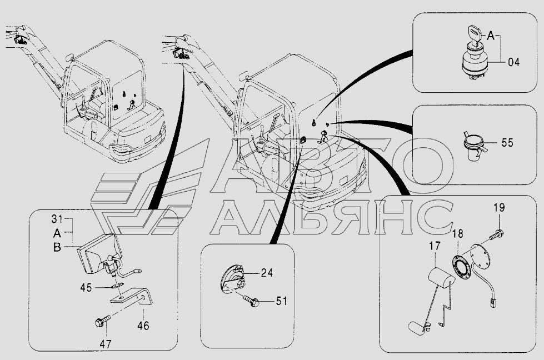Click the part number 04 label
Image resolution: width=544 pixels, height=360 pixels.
coord(514,62)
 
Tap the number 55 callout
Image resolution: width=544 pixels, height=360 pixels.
coord(507,143)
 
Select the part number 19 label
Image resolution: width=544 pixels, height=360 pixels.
coord(499,208)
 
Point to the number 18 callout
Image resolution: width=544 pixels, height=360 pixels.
coord(458,234)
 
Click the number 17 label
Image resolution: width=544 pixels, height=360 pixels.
coord(435,246)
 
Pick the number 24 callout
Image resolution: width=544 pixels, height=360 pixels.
coord(267,273)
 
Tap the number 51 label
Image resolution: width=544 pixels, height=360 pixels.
coord(281,301)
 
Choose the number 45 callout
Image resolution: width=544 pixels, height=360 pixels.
coord(86,288)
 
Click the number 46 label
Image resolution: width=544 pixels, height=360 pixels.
coord(143,326)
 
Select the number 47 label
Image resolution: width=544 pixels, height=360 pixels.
coord(106,344)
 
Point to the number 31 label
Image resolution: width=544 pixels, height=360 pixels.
coord(57,219)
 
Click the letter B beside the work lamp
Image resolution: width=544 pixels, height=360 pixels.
coord(57,248)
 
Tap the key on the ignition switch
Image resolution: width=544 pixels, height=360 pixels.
coord(474,32)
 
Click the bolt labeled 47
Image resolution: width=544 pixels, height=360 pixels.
coord(103,321)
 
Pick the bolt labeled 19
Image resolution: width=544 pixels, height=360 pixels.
coord(496,235)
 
